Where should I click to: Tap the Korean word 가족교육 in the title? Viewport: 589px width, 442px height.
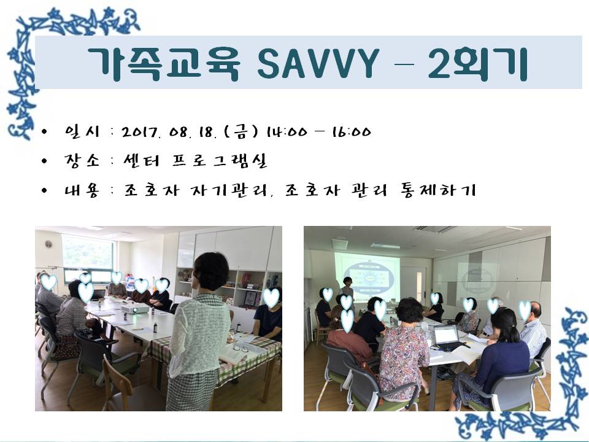point(163,63)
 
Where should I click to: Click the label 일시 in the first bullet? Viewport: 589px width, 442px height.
point(79,132)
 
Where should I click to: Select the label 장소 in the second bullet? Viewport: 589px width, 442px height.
point(79,161)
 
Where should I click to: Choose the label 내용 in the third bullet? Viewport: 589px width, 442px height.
point(79,190)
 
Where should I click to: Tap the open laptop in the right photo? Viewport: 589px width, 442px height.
point(446,336)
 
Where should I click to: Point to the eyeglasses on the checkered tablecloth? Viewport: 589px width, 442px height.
point(240,349)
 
